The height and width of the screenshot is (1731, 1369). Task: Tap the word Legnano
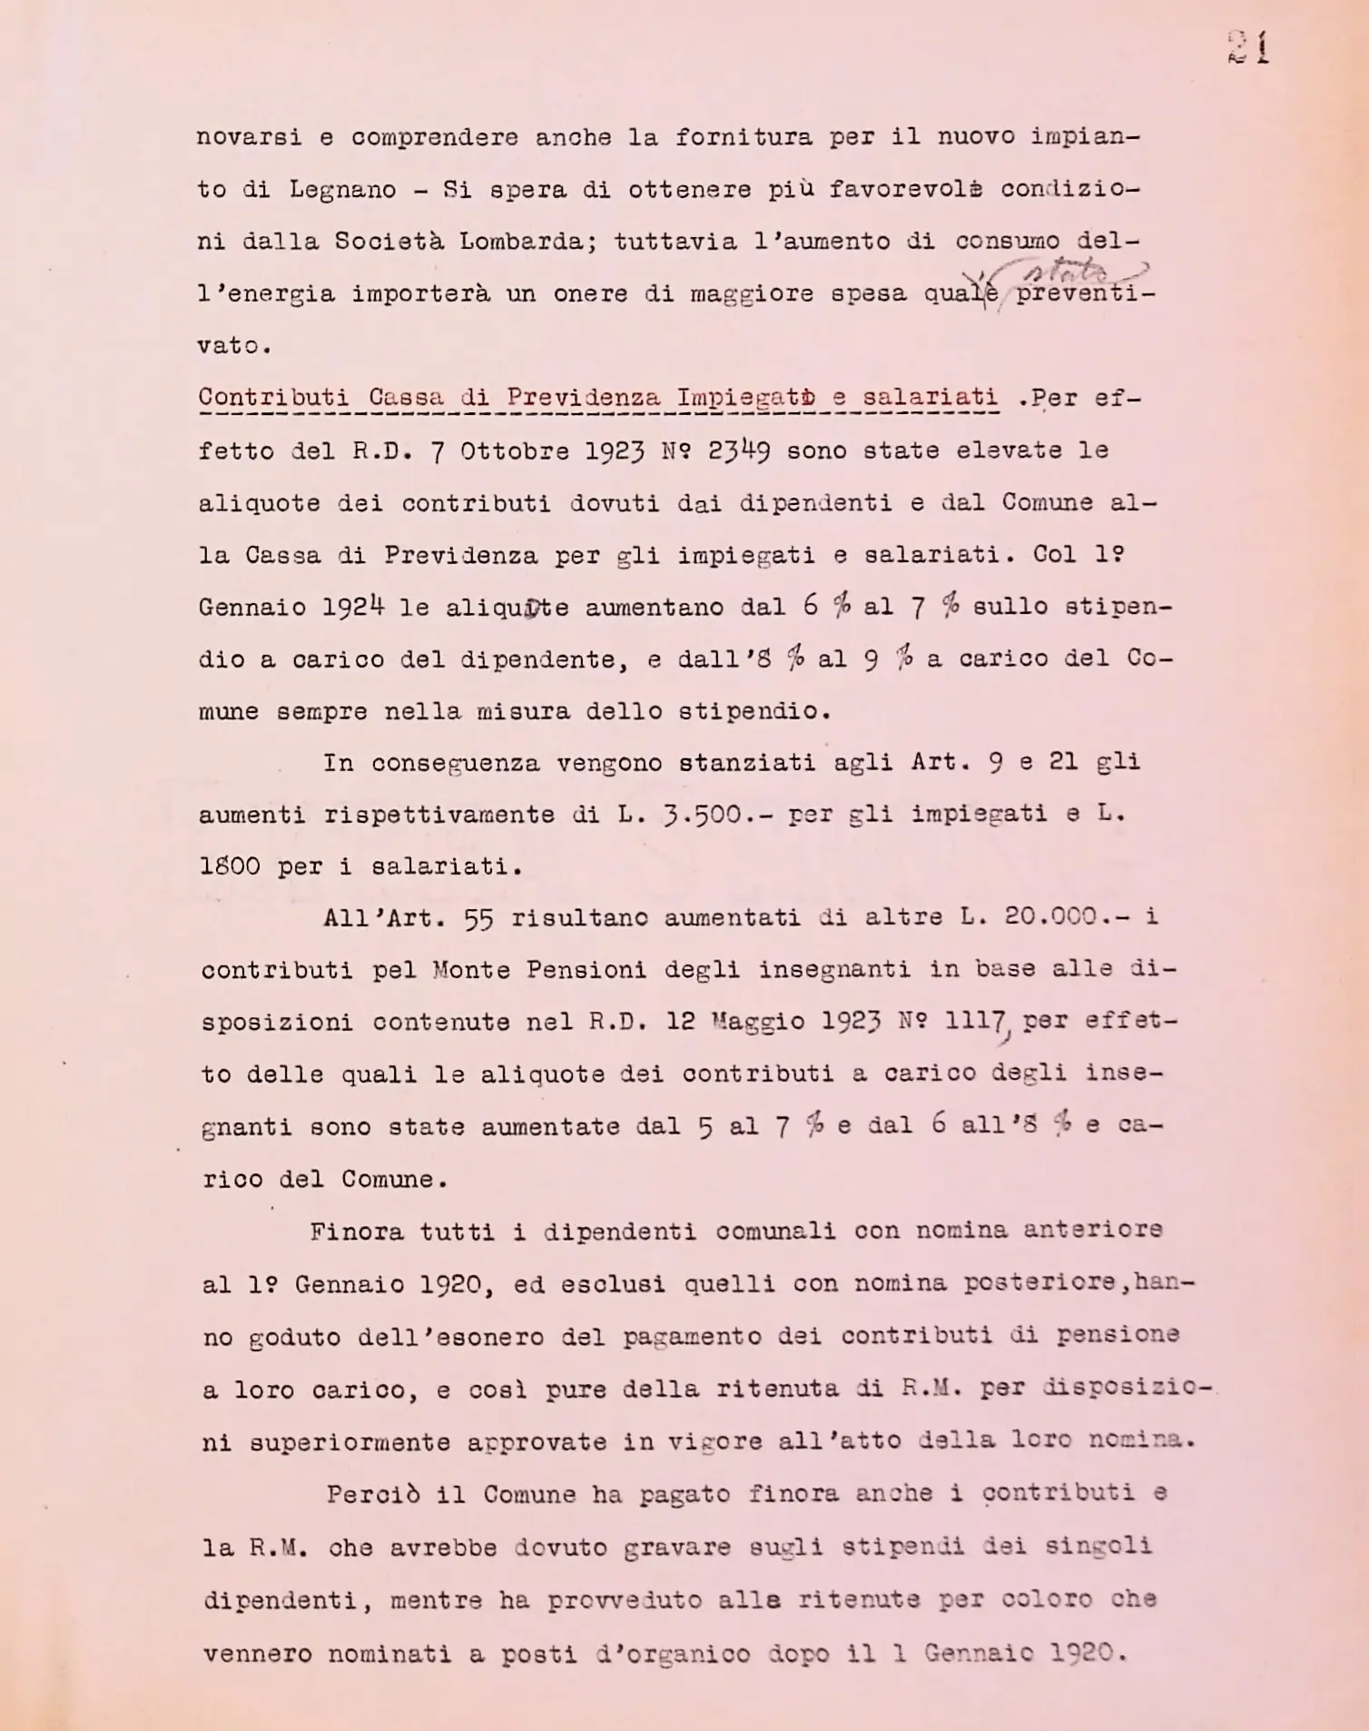tap(342, 191)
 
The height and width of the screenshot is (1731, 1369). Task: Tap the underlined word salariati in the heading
tap(930, 398)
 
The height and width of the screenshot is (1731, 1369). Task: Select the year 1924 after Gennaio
tap(353, 608)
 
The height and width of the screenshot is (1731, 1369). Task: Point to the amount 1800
tap(231, 866)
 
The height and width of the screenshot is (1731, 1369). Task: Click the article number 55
tap(478, 919)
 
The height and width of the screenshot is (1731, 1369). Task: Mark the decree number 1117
tap(975, 1022)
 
